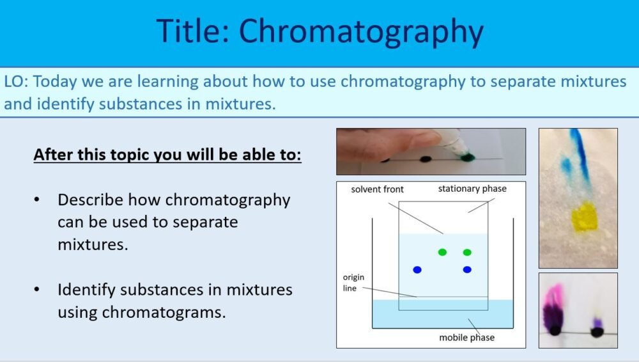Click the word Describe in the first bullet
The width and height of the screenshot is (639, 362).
pos(90,200)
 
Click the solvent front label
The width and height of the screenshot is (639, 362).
pos(377,190)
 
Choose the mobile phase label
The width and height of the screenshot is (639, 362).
pos(466,337)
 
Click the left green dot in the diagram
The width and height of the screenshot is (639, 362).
pos(442,252)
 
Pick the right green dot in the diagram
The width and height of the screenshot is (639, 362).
pos(467,252)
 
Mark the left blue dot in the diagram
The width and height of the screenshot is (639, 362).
pos(417,270)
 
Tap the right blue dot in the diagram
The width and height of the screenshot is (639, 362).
pos(467,270)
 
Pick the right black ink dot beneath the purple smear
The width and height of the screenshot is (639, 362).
pos(597,332)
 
